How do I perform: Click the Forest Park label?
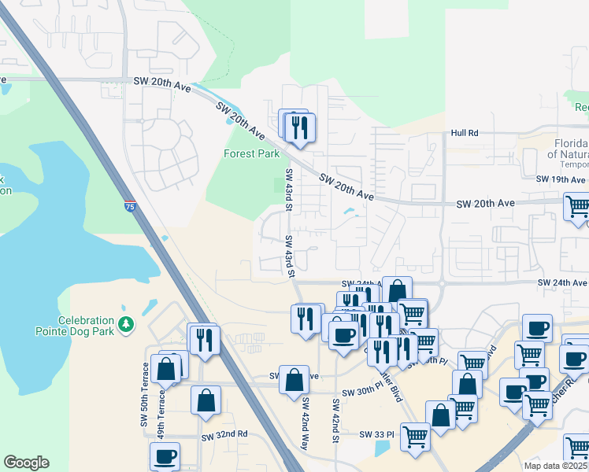pyautogui.click(x=251, y=153)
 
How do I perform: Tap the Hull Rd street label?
pyautogui.click(x=465, y=134)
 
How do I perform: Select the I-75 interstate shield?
pyautogui.click(x=128, y=207)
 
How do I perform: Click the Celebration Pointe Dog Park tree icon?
pyautogui.click(x=125, y=324)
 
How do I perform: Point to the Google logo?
pyautogui.click(x=26, y=463)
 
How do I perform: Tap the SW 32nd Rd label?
pyautogui.click(x=224, y=435)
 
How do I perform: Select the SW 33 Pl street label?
pyautogui.click(x=377, y=434)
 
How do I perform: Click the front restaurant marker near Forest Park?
pyautogui.click(x=300, y=128)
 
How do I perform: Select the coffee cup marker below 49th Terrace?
pyautogui.click(x=165, y=456)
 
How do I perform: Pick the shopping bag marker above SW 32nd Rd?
pyautogui.click(x=206, y=400)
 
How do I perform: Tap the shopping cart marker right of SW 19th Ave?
pyautogui.click(x=579, y=207)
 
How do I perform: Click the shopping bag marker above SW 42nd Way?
pyautogui.click(x=294, y=379)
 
